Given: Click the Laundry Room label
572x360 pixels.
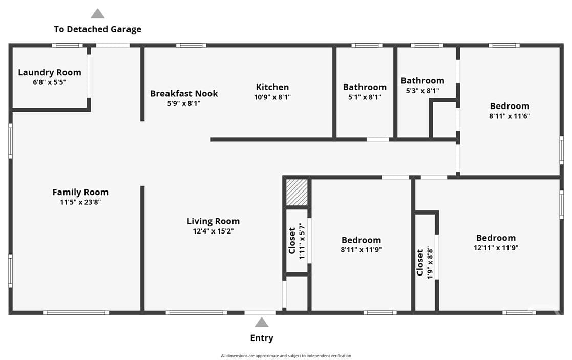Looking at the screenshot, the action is point(50,72).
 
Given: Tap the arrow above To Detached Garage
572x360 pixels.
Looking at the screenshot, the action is point(97,14).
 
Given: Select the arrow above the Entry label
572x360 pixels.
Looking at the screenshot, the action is point(262,323).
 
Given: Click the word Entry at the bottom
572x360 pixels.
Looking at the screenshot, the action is point(262,338).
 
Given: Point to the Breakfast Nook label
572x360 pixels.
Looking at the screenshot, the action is point(184,93).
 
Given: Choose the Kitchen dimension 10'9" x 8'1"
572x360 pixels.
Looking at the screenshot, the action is point(272,97).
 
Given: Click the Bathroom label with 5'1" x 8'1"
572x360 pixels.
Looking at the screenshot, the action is point(365,87).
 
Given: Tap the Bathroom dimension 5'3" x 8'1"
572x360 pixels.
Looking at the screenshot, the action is point(422,91).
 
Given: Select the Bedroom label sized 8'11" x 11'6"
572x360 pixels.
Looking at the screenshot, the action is point(510,106).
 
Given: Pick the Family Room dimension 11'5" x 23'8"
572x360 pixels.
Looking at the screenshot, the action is point(80,202).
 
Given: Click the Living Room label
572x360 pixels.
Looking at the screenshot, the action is point(214,221).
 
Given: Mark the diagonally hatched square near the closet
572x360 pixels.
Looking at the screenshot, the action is point(297,192).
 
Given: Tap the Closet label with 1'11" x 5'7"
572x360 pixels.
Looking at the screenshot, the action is point(292,241).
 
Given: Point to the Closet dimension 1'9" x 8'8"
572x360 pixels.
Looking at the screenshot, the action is point(430,263).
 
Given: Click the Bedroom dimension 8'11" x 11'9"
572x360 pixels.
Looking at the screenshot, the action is point(361,250).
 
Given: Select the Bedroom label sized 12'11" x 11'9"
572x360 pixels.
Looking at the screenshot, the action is point(496,238).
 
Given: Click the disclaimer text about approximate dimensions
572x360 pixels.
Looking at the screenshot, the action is point(286,356).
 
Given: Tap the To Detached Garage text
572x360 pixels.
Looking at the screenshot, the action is point(97,29).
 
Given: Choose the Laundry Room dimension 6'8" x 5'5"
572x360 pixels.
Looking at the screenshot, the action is point(50,82).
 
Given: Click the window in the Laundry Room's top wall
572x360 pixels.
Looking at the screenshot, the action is point(67,45).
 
